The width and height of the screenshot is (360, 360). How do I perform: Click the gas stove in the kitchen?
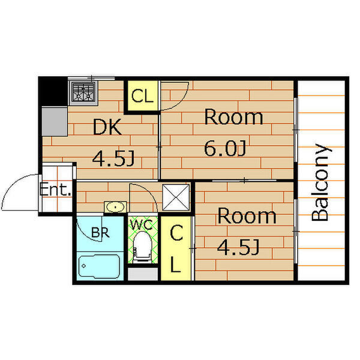83,92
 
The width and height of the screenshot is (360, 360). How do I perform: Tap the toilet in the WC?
143,247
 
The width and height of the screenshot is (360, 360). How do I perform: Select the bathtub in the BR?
99,266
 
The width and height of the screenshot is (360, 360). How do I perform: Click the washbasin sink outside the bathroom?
115,207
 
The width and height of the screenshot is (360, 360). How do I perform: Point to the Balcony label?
322,182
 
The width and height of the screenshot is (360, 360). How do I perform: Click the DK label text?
107,127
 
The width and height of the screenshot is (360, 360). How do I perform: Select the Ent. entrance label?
55,189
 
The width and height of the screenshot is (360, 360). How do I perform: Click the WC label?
142,224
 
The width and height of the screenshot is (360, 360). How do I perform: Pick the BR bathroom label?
100,232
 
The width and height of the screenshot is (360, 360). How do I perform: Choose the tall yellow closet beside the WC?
176,248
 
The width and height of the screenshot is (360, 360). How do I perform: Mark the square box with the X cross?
176,197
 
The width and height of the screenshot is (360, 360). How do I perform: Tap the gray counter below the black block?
55,122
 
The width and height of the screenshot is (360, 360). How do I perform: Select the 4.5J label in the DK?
113,158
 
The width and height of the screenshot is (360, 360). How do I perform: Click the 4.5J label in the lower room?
238,247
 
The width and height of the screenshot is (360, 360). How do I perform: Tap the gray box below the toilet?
143,274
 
